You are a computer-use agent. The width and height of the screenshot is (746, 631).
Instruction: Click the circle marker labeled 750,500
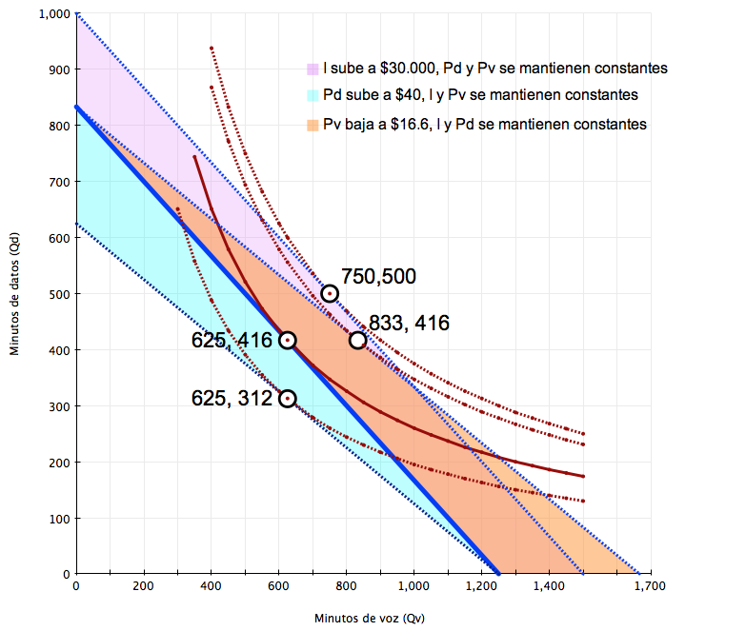(x=330, y=293)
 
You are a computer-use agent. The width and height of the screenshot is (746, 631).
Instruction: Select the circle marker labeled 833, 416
(x=357, y=340)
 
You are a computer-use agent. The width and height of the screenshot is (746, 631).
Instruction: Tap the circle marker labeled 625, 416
(x=287, y=340)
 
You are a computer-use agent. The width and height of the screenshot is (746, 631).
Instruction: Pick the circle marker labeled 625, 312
(x=287, y=399)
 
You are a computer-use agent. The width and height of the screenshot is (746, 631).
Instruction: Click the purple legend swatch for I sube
(x=313, y=69)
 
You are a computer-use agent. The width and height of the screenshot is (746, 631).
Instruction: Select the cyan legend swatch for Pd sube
(x=313, y=96)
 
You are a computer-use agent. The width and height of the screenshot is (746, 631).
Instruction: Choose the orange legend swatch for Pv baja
(x=313, y=125)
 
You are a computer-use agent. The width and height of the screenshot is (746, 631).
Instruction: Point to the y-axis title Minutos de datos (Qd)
(x=15, y=294)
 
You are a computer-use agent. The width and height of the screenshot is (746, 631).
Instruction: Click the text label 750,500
(x=378, y=277)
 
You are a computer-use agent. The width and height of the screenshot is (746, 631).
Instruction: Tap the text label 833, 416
(x=409, y=324)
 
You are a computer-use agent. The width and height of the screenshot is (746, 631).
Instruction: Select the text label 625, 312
(x=232, y=399)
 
